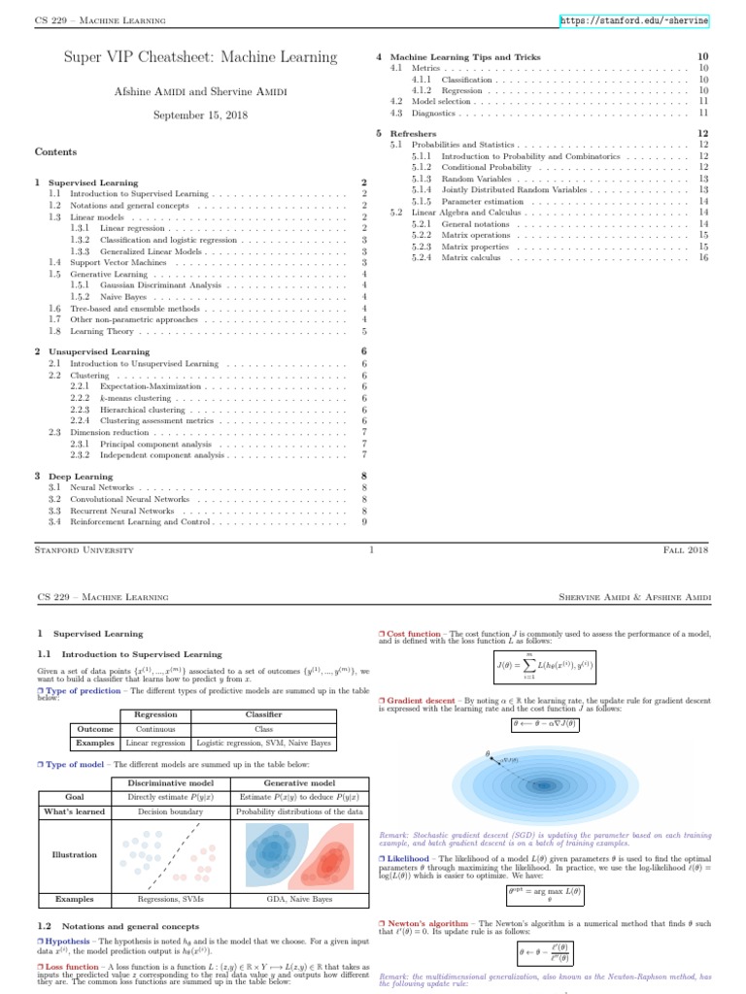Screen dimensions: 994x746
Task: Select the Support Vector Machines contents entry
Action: pyautogui.click(x=112, y=262)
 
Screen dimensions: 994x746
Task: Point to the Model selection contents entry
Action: pyautogui.click(x=434, y=100)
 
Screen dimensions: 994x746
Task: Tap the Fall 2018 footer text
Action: pyautogui.click(x=687, y=549)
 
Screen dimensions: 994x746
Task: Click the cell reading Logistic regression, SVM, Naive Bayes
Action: pyautogui.click(x=263, y=743)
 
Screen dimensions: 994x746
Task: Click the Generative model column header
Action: pyautogui.click(x=300, y=782)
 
